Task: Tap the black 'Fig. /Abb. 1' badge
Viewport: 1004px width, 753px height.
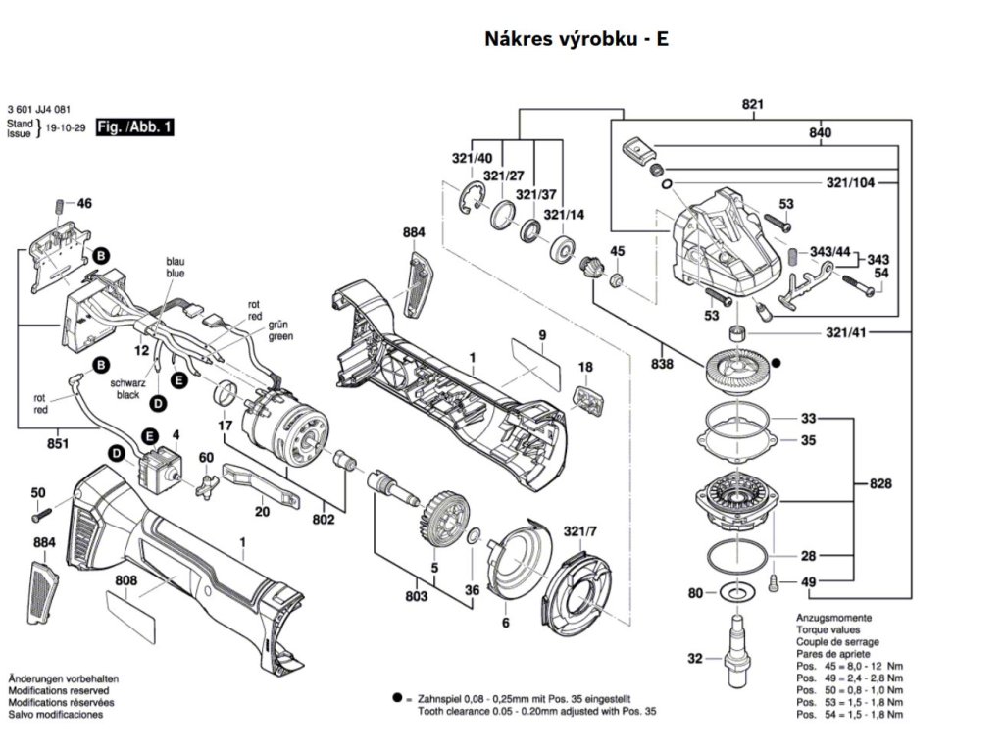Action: click(134, 127)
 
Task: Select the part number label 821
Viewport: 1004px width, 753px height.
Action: click(752, 105)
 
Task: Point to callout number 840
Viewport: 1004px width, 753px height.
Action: click(820, 132)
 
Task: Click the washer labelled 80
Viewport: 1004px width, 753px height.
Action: click(734, 593)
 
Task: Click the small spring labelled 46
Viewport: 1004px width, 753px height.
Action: click(59, 205)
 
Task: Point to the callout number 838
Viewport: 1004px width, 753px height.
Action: click(662, 364)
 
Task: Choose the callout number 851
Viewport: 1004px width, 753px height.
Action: click(58, 445)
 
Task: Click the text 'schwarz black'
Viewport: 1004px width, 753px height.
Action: click(127, 388)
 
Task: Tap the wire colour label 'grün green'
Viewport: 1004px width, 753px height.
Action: click(280, 330)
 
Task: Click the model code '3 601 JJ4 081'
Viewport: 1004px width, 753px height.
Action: click(38, 109)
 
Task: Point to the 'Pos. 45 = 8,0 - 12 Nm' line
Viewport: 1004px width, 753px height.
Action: click(848, 665)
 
